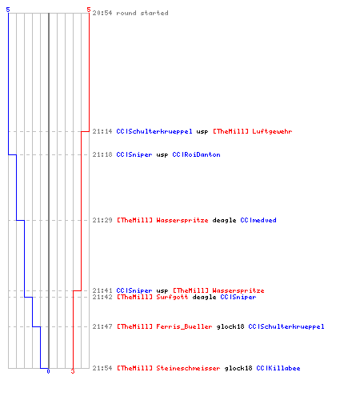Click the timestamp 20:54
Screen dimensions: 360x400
click(102, 13)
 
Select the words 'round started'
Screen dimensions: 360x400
click(142, 13)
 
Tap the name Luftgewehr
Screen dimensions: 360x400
click(272, 131)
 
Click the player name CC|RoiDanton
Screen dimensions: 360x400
click(196, 154)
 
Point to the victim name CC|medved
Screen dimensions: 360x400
click(258, 220)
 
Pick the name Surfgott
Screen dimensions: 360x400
click(172, 297)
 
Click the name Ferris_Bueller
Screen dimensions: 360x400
click(184, 326)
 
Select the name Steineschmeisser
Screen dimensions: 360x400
click(188, 368)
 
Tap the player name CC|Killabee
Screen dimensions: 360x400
click(278, 368)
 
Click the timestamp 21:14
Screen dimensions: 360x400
click(102, 131)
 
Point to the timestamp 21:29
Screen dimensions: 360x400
click(102, 220)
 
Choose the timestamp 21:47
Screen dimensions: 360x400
click(102, 326)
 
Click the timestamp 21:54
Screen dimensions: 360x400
click(102, 368)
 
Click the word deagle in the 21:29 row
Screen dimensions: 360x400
click(224, 221)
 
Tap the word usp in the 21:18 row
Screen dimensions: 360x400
click(162, 155)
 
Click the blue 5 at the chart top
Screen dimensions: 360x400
click(8, 10)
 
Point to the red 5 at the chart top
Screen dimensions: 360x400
click(89, 10)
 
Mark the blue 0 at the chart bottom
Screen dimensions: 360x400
click(48, 371)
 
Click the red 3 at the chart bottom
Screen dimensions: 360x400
click(73, 371)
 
